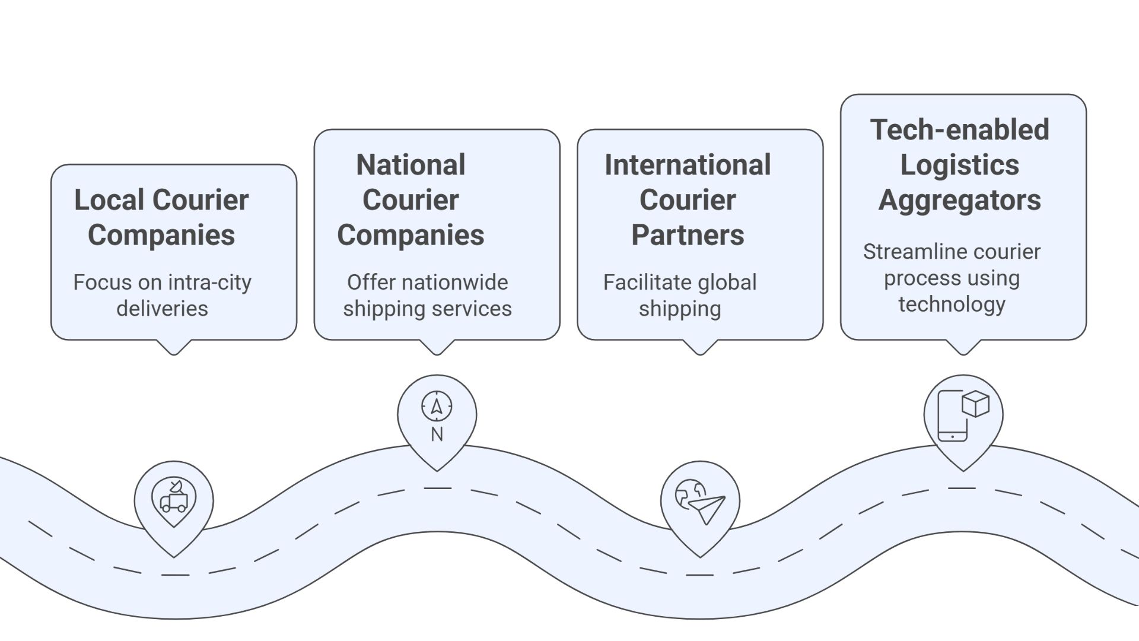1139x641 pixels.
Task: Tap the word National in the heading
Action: click(x=411, y=165)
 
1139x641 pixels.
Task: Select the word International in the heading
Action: click(x=688, y=165)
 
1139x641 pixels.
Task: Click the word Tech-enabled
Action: click(x=959, y=130)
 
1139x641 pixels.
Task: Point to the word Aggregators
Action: click(x=959, y=200)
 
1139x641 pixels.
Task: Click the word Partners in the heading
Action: click(x=688, y=235)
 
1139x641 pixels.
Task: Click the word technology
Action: click(x=952, y=304)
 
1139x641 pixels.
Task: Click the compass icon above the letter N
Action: click(x=437, y=407)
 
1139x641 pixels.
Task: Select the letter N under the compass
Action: click(x=437, y=435)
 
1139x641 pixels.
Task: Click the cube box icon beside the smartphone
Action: click(x=975, y=404)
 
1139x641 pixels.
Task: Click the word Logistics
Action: click(x=959, y=165)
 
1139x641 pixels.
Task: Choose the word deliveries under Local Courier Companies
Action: click(x=162, y=309)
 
